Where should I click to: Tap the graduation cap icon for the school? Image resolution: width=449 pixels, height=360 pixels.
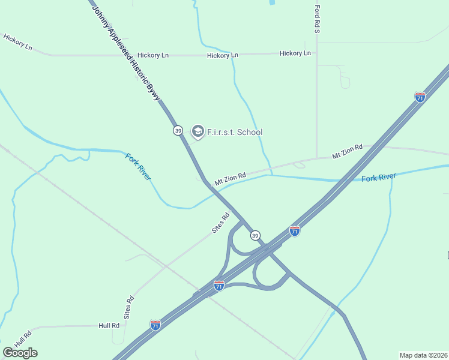(x=197, y=131)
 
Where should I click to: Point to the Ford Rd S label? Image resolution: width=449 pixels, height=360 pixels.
(x=318, y=19)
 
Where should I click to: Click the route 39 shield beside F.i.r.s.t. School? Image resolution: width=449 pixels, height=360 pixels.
(x=178, y=130)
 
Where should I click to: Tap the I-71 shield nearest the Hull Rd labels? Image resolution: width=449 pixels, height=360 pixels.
(x=155, y=325)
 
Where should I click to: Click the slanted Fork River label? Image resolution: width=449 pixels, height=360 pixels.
(x=138, y=167)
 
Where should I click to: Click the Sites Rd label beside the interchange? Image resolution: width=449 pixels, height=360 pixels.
(x=221, y=223)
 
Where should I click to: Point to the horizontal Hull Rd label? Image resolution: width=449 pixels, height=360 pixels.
(x=109, y=325)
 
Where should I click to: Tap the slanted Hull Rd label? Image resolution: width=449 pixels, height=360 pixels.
(x=23, y=339)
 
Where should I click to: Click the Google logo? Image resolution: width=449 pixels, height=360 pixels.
(x=20, y=353)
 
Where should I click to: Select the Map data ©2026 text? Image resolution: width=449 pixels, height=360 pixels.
(x=424, y=355)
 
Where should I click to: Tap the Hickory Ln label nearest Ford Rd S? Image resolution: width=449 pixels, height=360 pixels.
(x=295, y=53)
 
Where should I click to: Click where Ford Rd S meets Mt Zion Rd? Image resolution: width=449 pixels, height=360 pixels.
(x=317, y=159)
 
